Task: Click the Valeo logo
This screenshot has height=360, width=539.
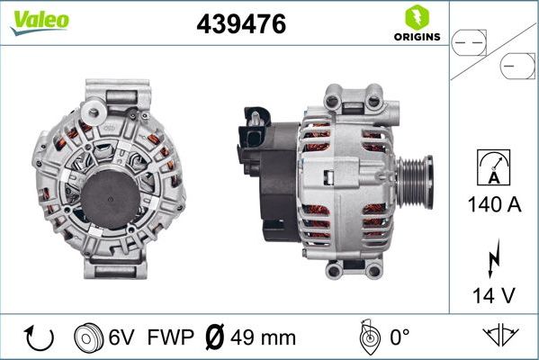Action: click(38, 22)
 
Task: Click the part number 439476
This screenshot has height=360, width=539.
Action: click(241, 26)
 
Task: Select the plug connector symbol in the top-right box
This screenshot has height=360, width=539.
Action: click(493, 50)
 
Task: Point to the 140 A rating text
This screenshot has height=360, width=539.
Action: click(494, 204)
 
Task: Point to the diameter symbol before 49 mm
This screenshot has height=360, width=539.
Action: click(216, 337)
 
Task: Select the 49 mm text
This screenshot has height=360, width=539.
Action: click(264, 337)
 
